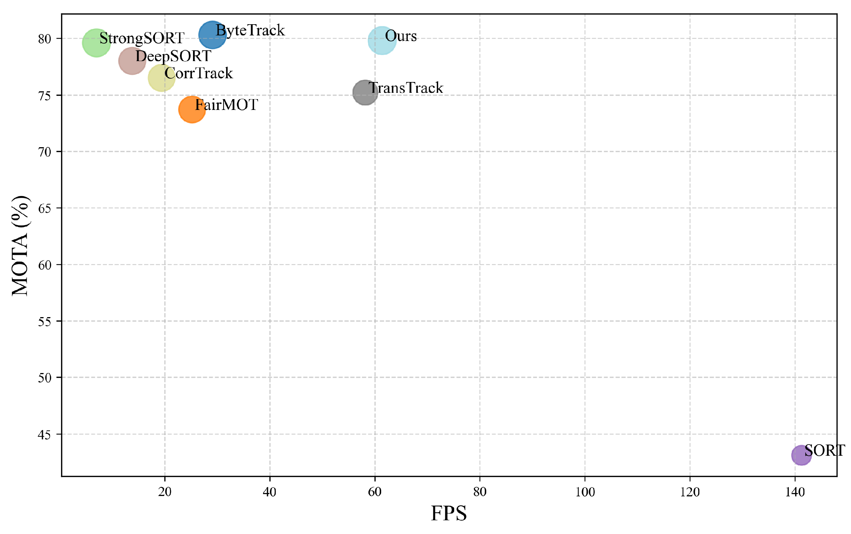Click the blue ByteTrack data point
[x=212, y=35]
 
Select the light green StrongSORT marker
[x=96, y=42]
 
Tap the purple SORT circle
[x=801, y=455]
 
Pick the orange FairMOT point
[x=192, y=110]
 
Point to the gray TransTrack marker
[x=365, y=92]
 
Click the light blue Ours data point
[x=382, y=40]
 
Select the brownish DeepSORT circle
[x=132, y=60]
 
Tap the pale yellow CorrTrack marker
[x=161, y=78]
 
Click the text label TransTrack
[x=406, y=88]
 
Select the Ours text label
[x=401, y=36]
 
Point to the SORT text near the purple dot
[x=825, y=451]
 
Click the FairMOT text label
[x=226, y=105]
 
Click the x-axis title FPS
[x=449, y=514]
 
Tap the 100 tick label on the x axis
[x=585, y=492]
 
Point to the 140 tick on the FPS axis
[x=795, y=492]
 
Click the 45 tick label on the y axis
[x=44, y=435]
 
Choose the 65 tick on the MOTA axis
[x=44, y=208]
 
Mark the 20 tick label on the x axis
[x=165, y=492]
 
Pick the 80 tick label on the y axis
[x=44, y=39]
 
